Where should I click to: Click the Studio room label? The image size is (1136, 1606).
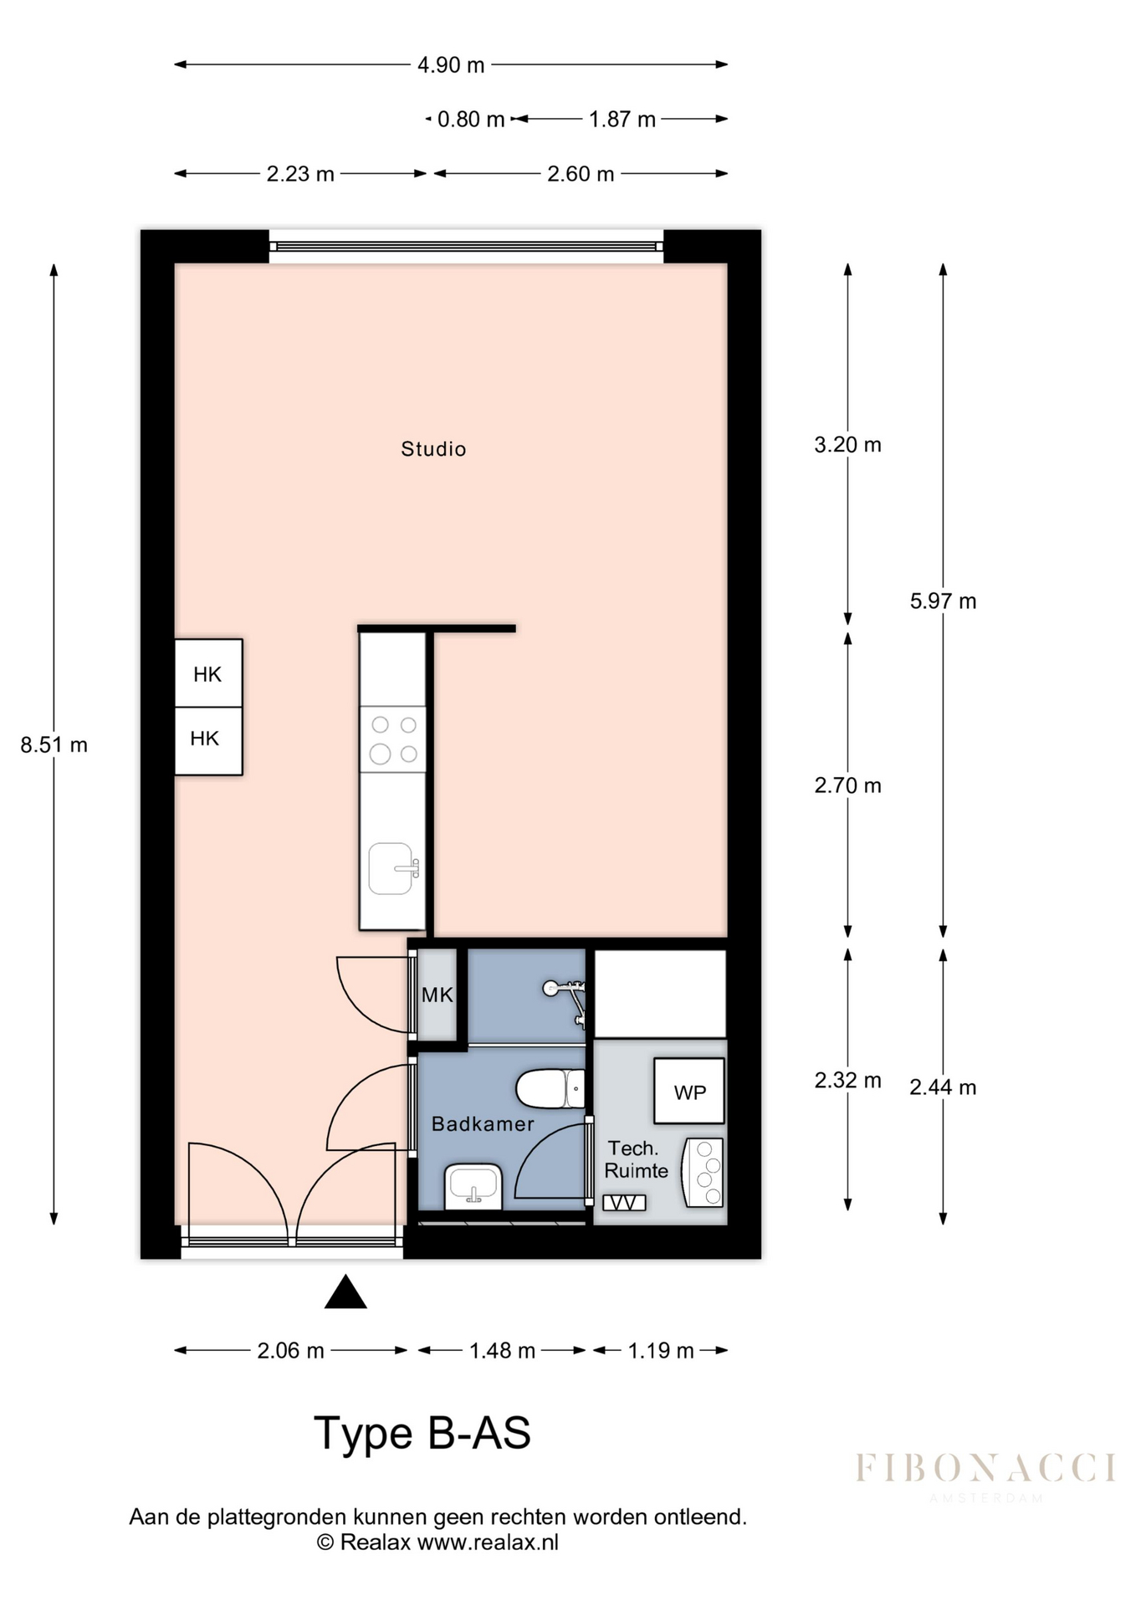pos(433,449)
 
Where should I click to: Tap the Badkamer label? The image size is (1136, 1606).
pos(483,1124)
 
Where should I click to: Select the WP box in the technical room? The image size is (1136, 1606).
pos(689,1092)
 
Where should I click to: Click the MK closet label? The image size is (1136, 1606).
pos(437,995)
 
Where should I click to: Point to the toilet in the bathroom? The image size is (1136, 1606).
pos(550,1088)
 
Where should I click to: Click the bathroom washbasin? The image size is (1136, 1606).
pos(473,1186)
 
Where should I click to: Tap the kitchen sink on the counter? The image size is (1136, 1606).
pos(393,868)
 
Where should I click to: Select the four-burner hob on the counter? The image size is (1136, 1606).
pos(393,739)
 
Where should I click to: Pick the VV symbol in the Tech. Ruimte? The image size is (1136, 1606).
pos(624,1203)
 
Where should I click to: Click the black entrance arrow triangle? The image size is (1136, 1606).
pos(345,1291)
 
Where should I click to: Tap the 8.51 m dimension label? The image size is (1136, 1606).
pos(54,744)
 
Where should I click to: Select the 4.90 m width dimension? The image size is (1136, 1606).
pos(451,64)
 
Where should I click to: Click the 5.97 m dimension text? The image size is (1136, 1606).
pos(943,601)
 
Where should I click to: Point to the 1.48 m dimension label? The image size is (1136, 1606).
pos(502,1351)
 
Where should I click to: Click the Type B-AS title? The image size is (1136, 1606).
pos(422,1433)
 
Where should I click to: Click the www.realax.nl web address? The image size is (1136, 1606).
pos(488,1542)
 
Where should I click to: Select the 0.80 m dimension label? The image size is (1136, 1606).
pos(471,120)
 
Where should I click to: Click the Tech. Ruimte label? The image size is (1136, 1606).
pos(636,1159)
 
